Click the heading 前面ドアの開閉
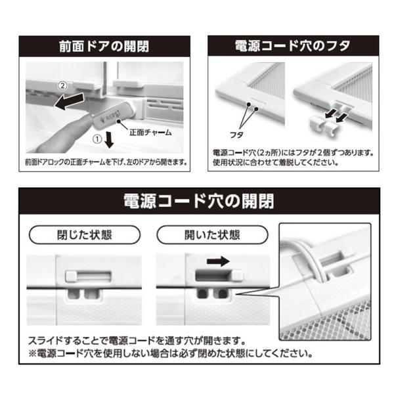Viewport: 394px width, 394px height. (x=104, y=47)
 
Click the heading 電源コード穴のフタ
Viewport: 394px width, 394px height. (x=293, y=46)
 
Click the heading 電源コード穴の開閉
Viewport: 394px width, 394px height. (x=199, y=201)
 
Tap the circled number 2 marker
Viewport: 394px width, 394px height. (x=62, y=86)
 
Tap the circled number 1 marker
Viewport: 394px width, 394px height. (x=97, y=139)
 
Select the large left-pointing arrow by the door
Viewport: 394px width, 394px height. (x=70, y=100)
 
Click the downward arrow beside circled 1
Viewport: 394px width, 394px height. (x=109, y=139)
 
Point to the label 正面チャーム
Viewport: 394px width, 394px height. (x=150, y=133)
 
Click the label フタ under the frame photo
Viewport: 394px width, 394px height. (x=236, y=135)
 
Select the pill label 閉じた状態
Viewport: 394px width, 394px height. (x=85, y=235)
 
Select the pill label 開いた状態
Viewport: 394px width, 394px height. (x=212, y=235)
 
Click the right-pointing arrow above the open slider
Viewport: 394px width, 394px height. (x=218, y=261)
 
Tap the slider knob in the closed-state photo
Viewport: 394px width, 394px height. (x=71, y=276)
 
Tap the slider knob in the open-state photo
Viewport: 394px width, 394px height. (x=236, y=276)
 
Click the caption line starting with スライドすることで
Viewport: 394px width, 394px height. (x=137, y=341)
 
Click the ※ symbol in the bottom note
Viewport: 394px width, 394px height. (x=33, y=354)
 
